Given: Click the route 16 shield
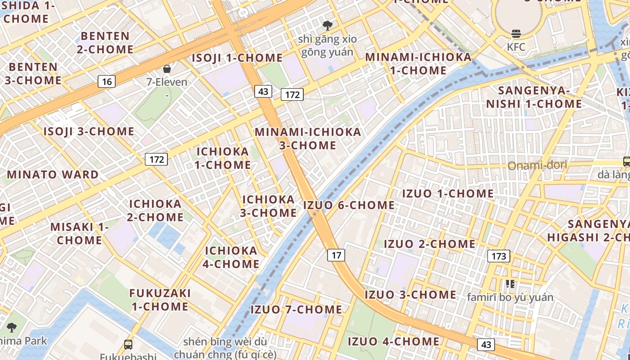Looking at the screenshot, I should (x=107, y=81).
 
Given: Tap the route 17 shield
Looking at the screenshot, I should (x=336, y=255).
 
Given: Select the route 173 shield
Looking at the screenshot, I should (x=498, y=256).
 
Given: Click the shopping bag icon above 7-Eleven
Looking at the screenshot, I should (x=167, y=69).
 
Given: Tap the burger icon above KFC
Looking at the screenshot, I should (x=516, y=33).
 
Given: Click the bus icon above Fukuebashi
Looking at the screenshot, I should (x=128, y=345).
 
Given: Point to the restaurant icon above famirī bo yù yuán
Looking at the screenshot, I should (x=510, y=283).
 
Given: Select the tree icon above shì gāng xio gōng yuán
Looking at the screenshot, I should (x=327, y=25).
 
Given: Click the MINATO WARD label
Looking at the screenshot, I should (x=53, y=175).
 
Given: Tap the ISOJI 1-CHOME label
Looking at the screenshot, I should (x=237, y=58).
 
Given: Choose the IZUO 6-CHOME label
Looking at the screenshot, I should (x=349, y=205).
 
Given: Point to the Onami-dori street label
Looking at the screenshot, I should (x=537, y=166).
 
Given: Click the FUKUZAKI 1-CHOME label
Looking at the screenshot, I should (x=160, y=300).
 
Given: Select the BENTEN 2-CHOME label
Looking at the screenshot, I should (x=105, y=42).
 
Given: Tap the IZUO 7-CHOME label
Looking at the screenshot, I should (x=296, y=310).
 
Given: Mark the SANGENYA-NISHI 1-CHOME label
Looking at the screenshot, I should (x=534, y=97).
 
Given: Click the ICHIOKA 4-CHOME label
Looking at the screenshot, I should (x=231, y=257).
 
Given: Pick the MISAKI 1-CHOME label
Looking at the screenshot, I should (x=80, y=233).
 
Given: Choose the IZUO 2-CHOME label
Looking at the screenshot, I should (x=429, y=244).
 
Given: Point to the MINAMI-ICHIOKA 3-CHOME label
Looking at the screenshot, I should (x=308, y=139).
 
